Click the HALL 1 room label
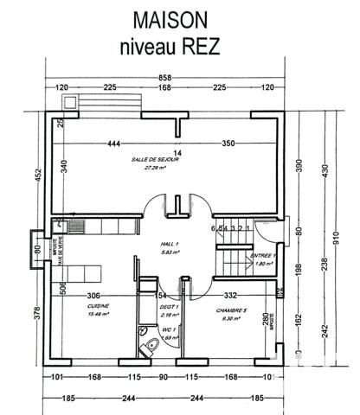tap(170, 245)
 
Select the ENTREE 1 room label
tap(262, 256)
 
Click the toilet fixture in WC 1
tap(141, 337)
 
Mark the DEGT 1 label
tap(170, 306)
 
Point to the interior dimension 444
tap(114, 143)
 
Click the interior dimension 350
tap(228, 143)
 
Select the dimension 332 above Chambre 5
tap(230, 296)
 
